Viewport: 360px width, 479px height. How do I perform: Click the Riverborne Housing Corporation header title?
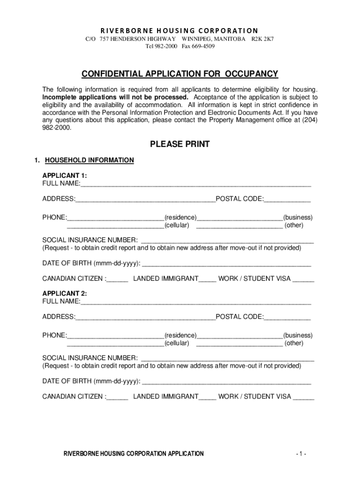click(180, 30)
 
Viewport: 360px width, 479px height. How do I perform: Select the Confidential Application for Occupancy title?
click(180, 74)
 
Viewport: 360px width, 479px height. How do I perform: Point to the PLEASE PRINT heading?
click(180, 145)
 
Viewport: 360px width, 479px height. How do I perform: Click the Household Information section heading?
click(89, 160)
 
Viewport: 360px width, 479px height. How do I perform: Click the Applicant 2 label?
click(65, 294)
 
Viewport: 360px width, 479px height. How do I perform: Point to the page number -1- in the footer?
click(301, 454)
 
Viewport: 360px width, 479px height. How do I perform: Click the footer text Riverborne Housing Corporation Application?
click(134, 454)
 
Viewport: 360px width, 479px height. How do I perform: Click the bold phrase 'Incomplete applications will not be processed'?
click(115, 97)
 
